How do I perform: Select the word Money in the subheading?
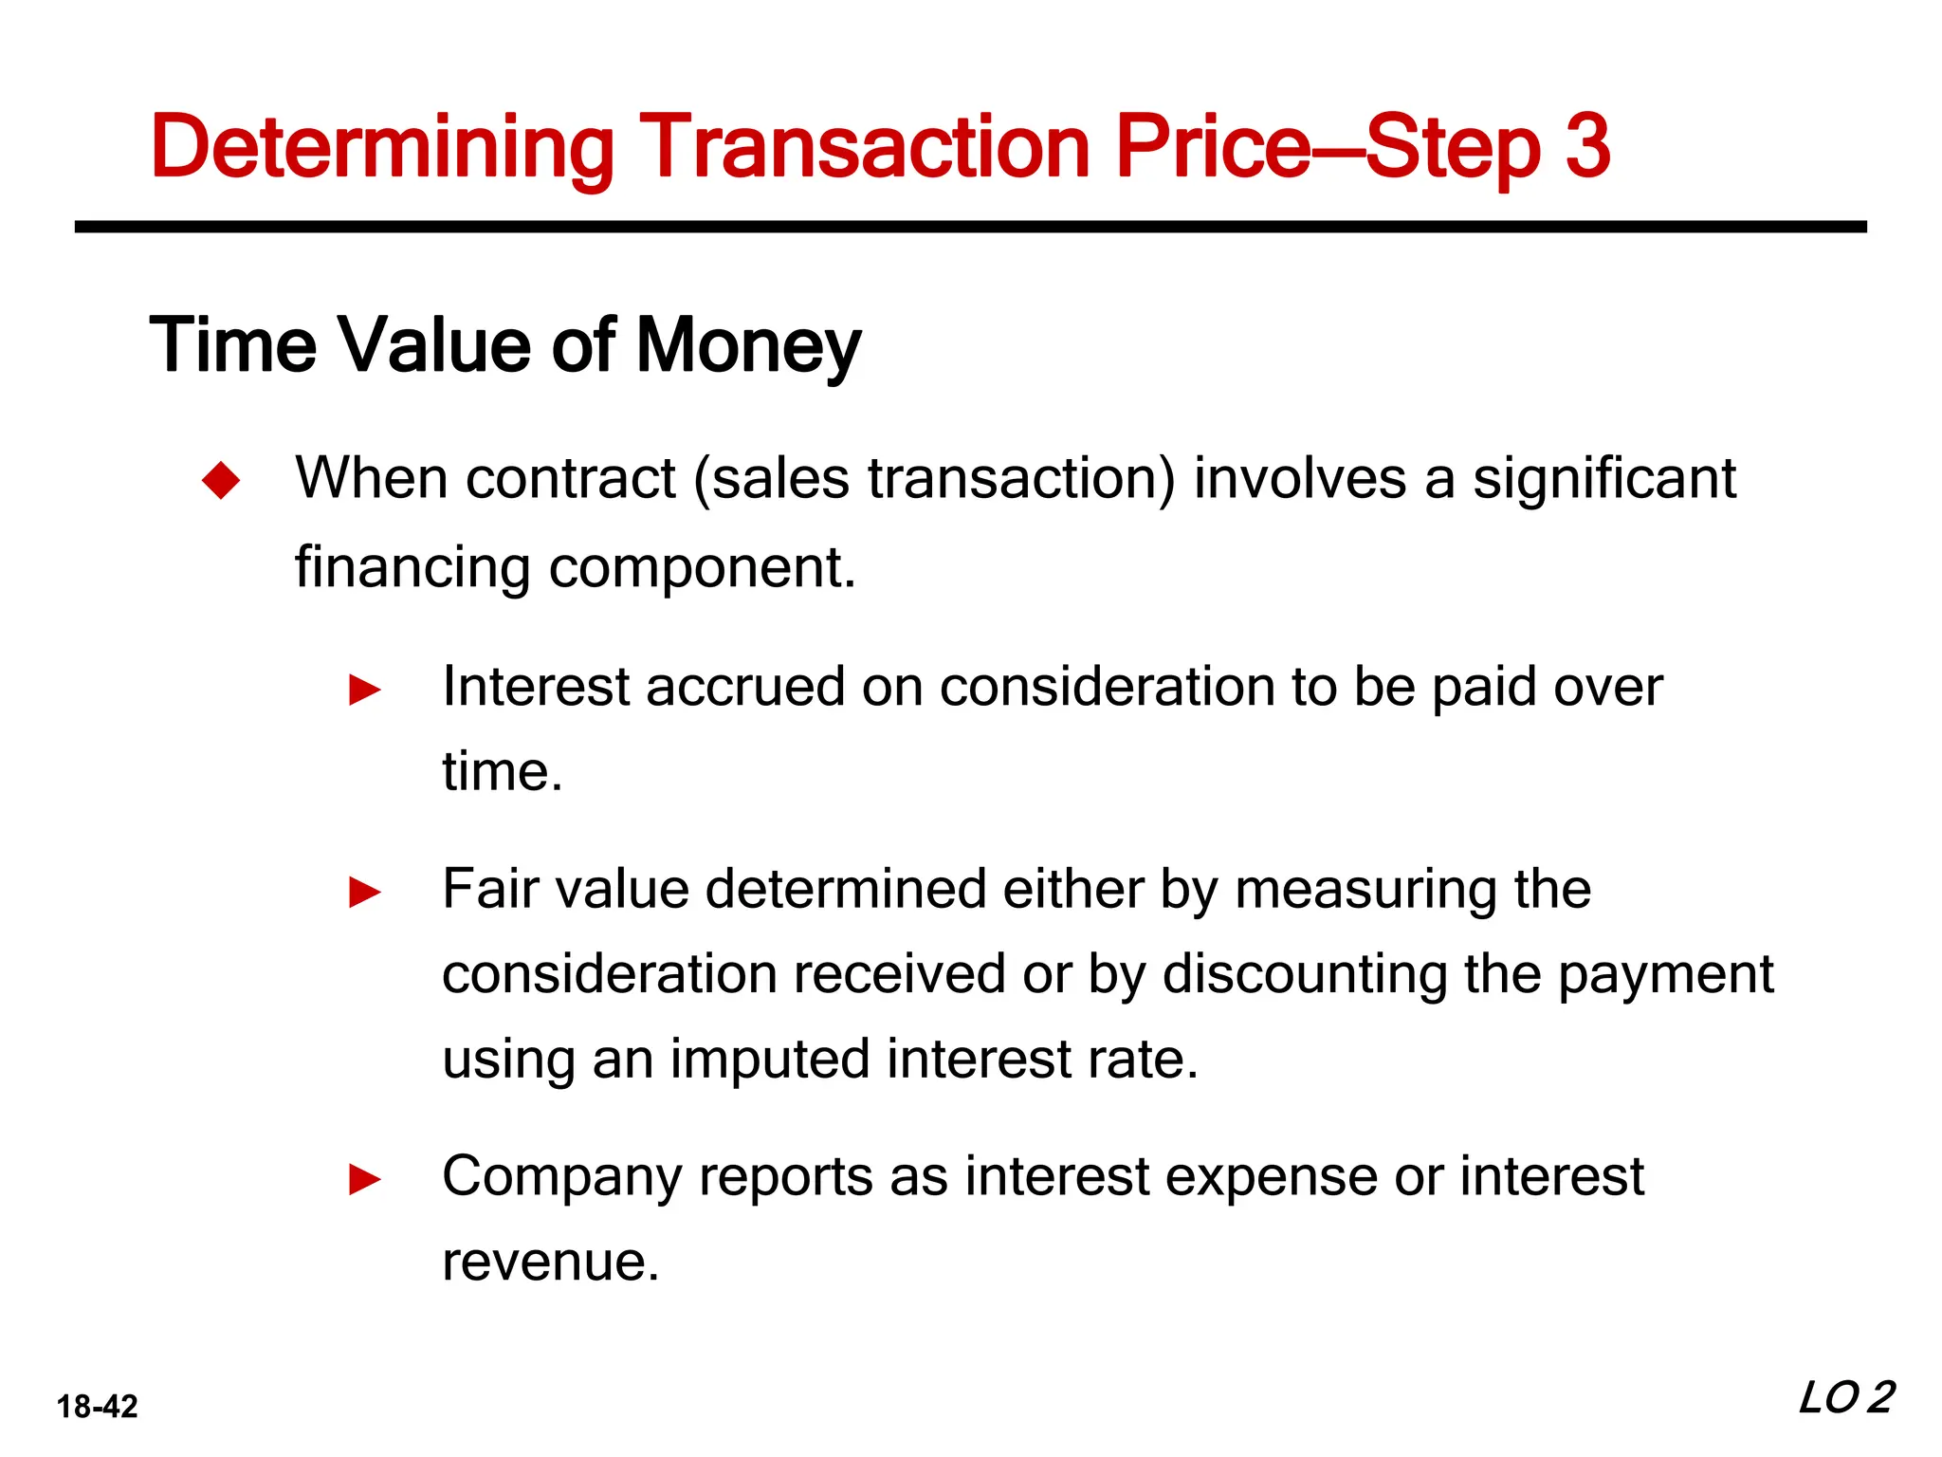click(x=748, y=346)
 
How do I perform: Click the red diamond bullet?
click(x=222, y=480)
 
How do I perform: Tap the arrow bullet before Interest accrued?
click(x=365, y=690)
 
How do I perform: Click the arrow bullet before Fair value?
click(x=365, y=893)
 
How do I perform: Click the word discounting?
click(x=1305, y=974)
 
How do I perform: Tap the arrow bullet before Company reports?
click(x=365, y=1180)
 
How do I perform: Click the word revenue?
click(x=550, y=1262)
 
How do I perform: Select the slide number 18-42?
click(x=98, y=1406)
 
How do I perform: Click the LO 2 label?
click(x=1845, y=1398)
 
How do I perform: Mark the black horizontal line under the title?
click(x=970, y=227)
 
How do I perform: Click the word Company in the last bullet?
click(x=562, y=1177)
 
